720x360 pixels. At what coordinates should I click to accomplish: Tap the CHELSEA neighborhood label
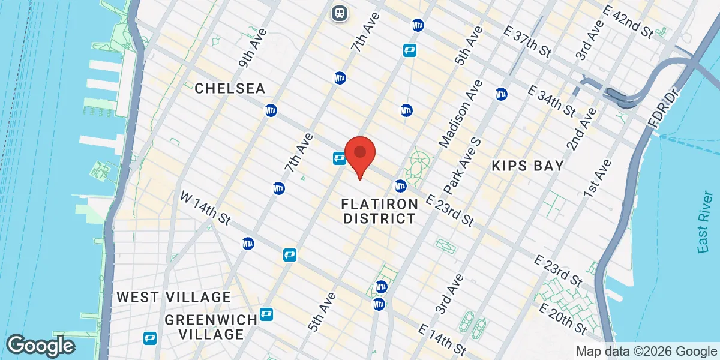230,89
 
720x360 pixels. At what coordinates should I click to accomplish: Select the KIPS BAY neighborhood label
527,166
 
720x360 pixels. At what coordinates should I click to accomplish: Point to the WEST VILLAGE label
173,297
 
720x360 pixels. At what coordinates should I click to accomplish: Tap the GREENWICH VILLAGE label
203,326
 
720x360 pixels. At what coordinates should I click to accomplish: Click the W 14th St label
206,208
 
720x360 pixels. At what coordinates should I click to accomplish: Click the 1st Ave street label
598,178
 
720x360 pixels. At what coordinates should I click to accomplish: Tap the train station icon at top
340,13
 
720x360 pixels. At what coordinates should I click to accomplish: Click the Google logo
41,346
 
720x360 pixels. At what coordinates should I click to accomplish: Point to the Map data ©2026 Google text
646,352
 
